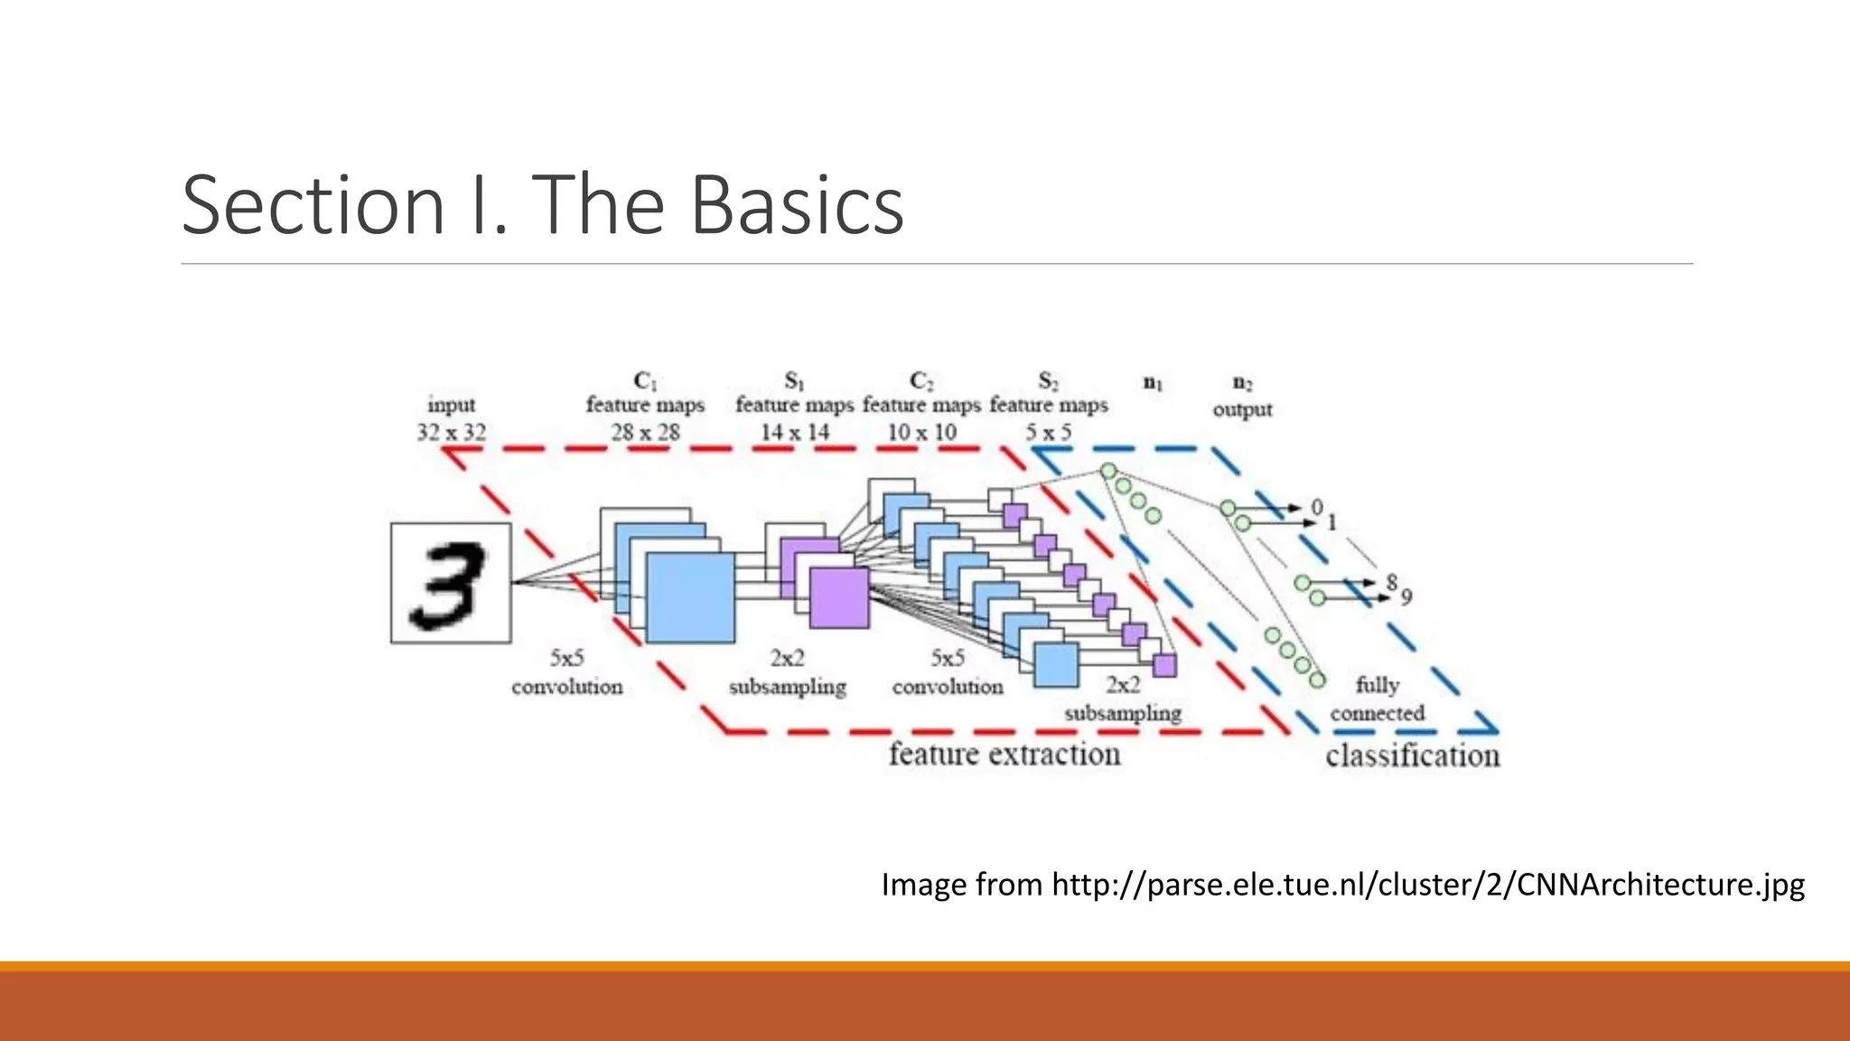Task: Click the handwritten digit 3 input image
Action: pyautogui.click(x=451, y=583)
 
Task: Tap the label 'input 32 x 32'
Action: pyautogui.click(x=451, y=418)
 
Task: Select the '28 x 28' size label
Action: pyautogui.click(x=645, y=433)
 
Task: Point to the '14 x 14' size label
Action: pyautogui.click(x=794, y=433)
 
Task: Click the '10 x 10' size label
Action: pyautogui.click(x=921, y=433)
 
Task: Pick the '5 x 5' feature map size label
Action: pyautogui.click(x=1048, y=433)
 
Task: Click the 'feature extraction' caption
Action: pyautogui.click(x=1004, y=754)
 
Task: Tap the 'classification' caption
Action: pyautogui.click(x=1412, y=755)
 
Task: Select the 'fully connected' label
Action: pyautogui.click(x=1378, y=699)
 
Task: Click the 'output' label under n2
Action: pyautogui.click(x=1242, y=409)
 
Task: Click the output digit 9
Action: pyautogui.click(x=1406, y=597)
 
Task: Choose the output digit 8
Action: pyautogui.click(x=1392, y=582)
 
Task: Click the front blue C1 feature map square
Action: pyautogui.click(x=691, y=597)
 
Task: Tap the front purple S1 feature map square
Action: pyautogui.click(x=839, y=597)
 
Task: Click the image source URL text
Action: pyautogui.click(x=1342, y=884)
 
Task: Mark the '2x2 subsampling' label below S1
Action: pyautogui.click(x=788, y=672)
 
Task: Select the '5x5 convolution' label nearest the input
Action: pyautogui.click(x=567, y=672)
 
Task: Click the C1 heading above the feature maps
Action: pyautogui.click(x=645, y=380)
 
